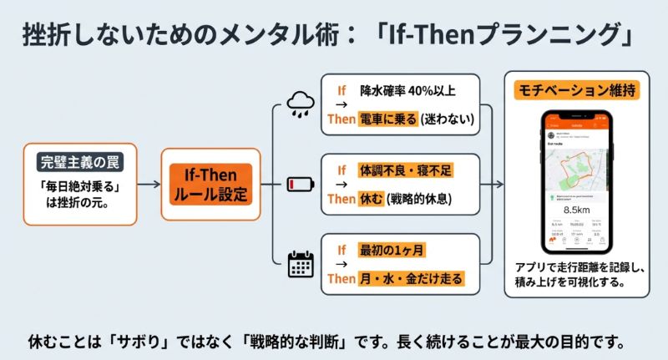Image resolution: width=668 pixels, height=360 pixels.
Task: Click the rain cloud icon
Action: (299, 104)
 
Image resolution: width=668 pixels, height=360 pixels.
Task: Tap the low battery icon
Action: (298, 183)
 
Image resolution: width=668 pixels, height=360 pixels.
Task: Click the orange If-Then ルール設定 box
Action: (205, 184)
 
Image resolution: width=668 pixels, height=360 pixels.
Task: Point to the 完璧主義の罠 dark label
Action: (78, 159)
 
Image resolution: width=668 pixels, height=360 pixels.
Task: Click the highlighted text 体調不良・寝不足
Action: (407, 170)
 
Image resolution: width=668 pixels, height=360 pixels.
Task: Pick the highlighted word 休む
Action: (372, 199)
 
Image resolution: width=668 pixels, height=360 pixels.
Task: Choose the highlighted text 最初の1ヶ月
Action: (389, 249)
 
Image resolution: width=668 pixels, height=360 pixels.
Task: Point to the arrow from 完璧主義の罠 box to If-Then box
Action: (148, 184)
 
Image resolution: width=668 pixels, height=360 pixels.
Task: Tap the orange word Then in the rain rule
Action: (341, 120)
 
